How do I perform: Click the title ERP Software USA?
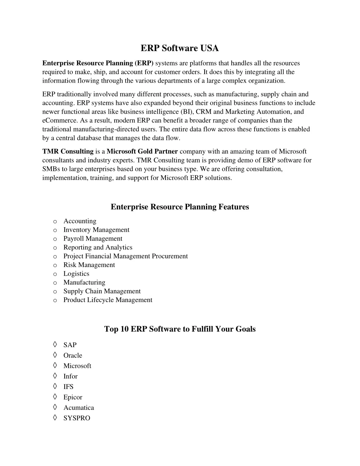tap(180, 48)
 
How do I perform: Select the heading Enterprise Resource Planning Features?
tap(180, 207)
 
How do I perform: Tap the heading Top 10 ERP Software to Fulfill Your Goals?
tap(180, 329)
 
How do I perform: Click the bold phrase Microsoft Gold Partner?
tap(142, 152)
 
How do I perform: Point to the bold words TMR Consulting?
tap(68, 152)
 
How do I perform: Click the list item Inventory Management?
tap(96, 230)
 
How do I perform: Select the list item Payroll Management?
tap(93, 239)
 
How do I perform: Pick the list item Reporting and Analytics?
tap(98, 248)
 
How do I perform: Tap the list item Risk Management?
tap(89, 265)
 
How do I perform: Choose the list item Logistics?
tap(76, 274)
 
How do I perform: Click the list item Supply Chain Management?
tap(102, 291)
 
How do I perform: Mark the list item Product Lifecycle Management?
tap(108, 300)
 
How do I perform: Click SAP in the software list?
tap(70, 345)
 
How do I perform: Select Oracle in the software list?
tap(73, 356)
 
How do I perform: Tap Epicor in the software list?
tap(73, 397)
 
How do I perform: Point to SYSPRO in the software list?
tap(77, 419)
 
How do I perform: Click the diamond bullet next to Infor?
tap(55, 376)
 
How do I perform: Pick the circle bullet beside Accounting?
tap(55, 222)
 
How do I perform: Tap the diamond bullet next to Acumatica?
tap(55, 407)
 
